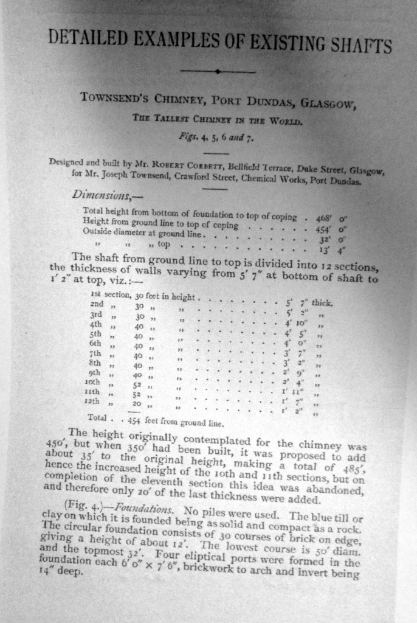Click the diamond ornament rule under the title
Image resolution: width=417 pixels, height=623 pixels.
coord(217,72)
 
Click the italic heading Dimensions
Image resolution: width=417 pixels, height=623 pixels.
coord(98,195)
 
